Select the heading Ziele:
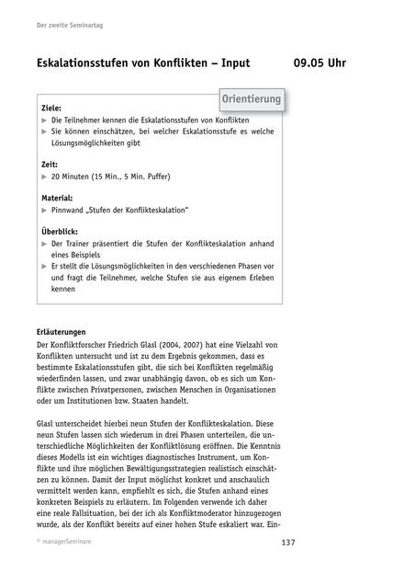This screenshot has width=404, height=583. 52,108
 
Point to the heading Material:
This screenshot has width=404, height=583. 58,198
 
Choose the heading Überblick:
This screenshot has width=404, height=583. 61,232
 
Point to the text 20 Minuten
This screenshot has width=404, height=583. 74,176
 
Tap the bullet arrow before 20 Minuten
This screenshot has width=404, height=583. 45,176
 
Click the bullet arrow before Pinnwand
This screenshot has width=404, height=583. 45,210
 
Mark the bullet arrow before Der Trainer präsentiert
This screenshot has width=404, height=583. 45,244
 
